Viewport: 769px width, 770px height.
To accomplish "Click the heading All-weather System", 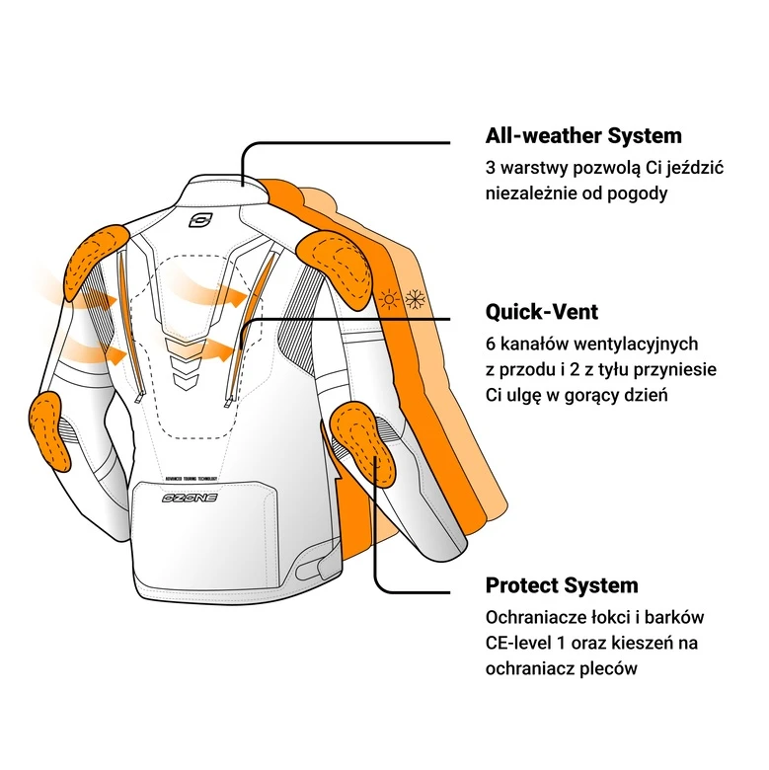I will click(x=583, y=136).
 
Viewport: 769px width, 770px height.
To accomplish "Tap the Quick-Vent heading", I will click(x=541, y=313).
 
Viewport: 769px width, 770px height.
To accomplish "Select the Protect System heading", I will click(x=561, y=585).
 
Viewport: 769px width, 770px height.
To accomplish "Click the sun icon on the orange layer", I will click(x=391, y=300).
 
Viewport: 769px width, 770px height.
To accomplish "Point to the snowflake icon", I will click(x=415, y=299).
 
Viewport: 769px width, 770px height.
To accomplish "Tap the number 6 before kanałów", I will click(x=491, y=344).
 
